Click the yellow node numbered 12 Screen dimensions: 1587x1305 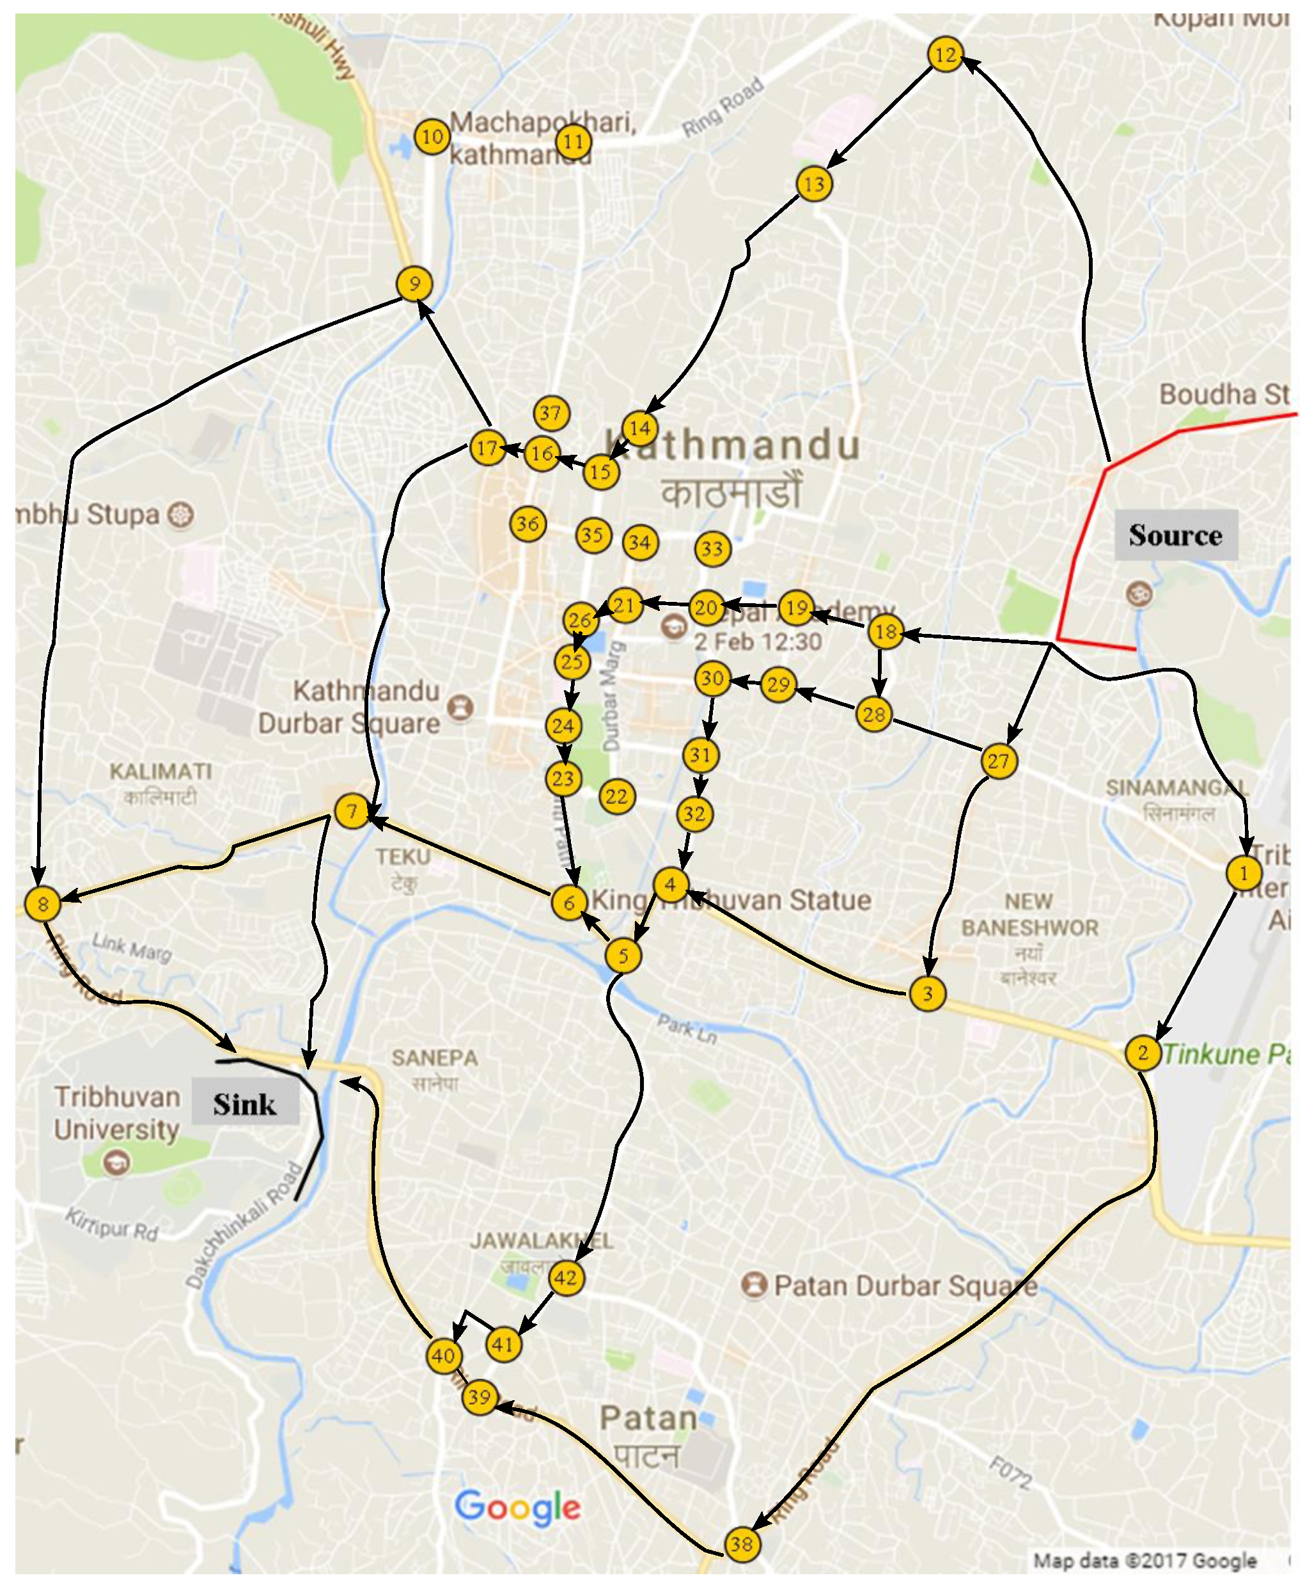(945, 54)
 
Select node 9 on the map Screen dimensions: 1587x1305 (414, 283)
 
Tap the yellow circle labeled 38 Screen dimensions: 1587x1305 (741, 1544)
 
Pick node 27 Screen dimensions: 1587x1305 (998, 761)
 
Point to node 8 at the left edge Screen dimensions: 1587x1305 (43, 903)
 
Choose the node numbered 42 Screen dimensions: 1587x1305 (565, 1277)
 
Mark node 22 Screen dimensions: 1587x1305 (617, 796)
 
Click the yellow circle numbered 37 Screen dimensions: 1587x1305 (551, 413)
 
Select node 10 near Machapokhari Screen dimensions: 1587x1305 (432, 137)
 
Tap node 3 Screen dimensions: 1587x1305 (927, 993)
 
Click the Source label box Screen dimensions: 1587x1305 (1175, 535)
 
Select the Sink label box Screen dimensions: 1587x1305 (245, 1103)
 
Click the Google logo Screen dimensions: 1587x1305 (518, 1507)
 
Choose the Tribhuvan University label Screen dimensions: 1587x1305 (116, 1112)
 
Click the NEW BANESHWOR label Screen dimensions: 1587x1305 (1029, 914)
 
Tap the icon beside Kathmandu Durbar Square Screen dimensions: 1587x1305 (460, 707)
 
